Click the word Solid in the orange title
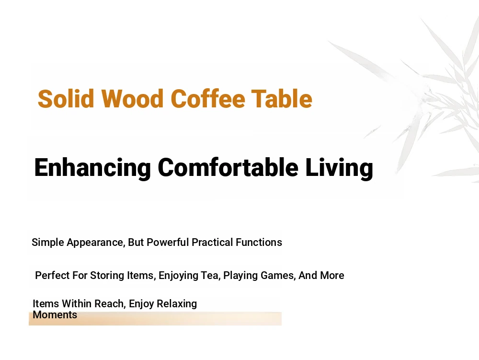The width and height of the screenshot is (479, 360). (x=66, y=99)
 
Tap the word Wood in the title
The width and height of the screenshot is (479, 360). (x=132, y=99)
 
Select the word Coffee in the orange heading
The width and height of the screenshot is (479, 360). (x=208, y=99)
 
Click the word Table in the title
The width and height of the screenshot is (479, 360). (x=282, y=99)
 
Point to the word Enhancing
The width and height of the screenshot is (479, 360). (x=92, y=168)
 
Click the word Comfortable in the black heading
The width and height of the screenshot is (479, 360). (x=228, y=167)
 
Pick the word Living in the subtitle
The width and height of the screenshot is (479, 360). (x=340, y=168)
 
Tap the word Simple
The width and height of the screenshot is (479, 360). (x=48, y=243)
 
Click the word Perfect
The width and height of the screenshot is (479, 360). (x=53, y=275)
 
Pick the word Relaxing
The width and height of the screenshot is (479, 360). (x=178, y=304)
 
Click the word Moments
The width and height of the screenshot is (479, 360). (x=55, y=315)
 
